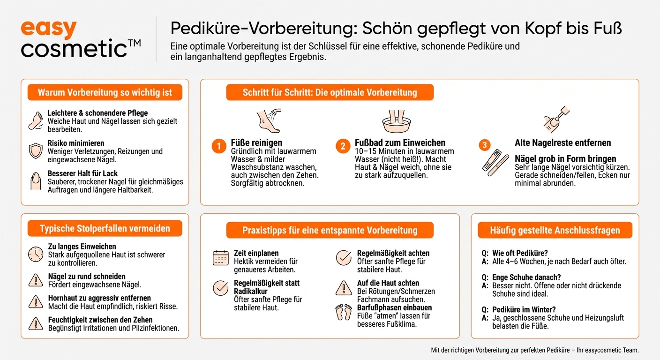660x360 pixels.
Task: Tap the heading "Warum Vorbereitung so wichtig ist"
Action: pos(105,92)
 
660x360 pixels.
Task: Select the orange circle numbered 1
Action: pos(218,147)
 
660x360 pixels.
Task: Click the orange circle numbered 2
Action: pos(343,147)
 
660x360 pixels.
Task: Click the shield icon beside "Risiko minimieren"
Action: pos(36,151)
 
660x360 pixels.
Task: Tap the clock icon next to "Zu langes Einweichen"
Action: pos(36,254)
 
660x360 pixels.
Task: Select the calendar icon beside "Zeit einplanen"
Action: pos(221,257)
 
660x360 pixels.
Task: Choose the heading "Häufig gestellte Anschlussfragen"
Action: pos(555,230)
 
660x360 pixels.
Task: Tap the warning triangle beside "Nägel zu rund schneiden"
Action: pos(36,280)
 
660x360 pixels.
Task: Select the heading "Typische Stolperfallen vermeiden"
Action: pos(105,229)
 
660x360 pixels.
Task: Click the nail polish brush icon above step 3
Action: pos(555,118)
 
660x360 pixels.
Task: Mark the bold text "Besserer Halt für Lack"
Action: pos(82,173)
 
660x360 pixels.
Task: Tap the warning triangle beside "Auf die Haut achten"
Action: pos(344,287)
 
